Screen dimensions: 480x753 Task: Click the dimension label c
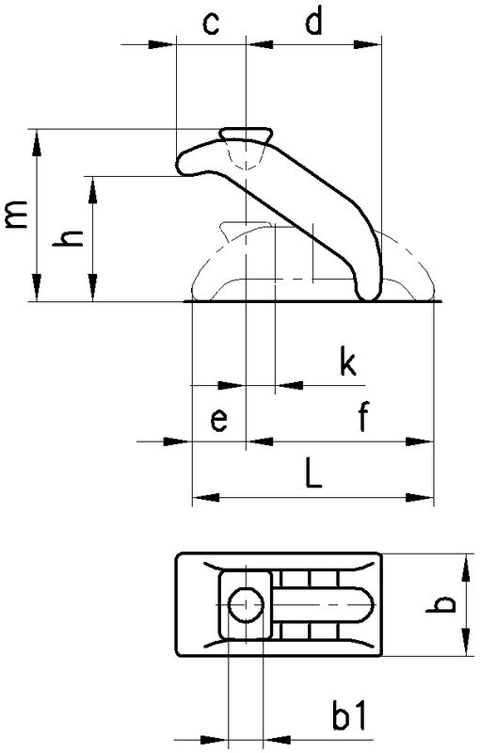(x=211, y=24)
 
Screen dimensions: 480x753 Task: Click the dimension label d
(x=313, y=21)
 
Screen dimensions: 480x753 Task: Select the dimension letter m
(x=15, y=214)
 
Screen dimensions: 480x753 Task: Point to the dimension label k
(x=347, y=362)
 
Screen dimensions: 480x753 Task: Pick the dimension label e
(x=219, y=421)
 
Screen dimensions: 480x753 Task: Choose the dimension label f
(x=363, y=417)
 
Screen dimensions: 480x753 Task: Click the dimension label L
(x=313, y=473)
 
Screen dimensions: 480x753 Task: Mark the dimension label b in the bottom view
(x=440, y=604)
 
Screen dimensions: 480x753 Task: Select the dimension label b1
(x=348, y=714)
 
